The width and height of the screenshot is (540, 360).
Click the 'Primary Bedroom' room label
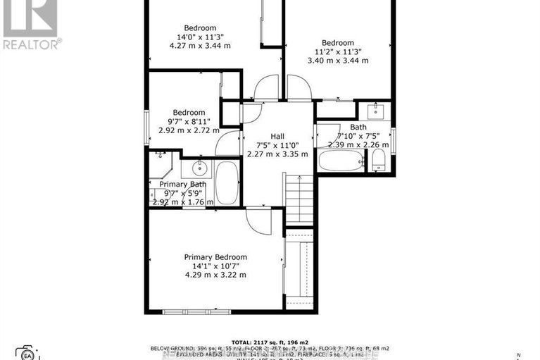215,258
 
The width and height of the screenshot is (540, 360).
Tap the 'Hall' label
277,137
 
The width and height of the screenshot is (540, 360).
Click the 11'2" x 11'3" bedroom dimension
337,51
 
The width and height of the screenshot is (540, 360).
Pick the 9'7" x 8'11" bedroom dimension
187,121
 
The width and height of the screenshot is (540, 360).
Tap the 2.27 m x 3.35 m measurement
277,155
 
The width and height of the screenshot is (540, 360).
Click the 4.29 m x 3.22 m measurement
215,275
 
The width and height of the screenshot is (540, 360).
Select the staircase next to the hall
299,199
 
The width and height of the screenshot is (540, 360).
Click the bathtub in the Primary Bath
227,182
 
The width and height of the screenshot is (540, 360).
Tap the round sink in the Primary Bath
200,168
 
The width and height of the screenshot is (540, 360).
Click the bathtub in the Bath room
341,160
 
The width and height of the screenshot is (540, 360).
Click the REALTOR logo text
32,44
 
